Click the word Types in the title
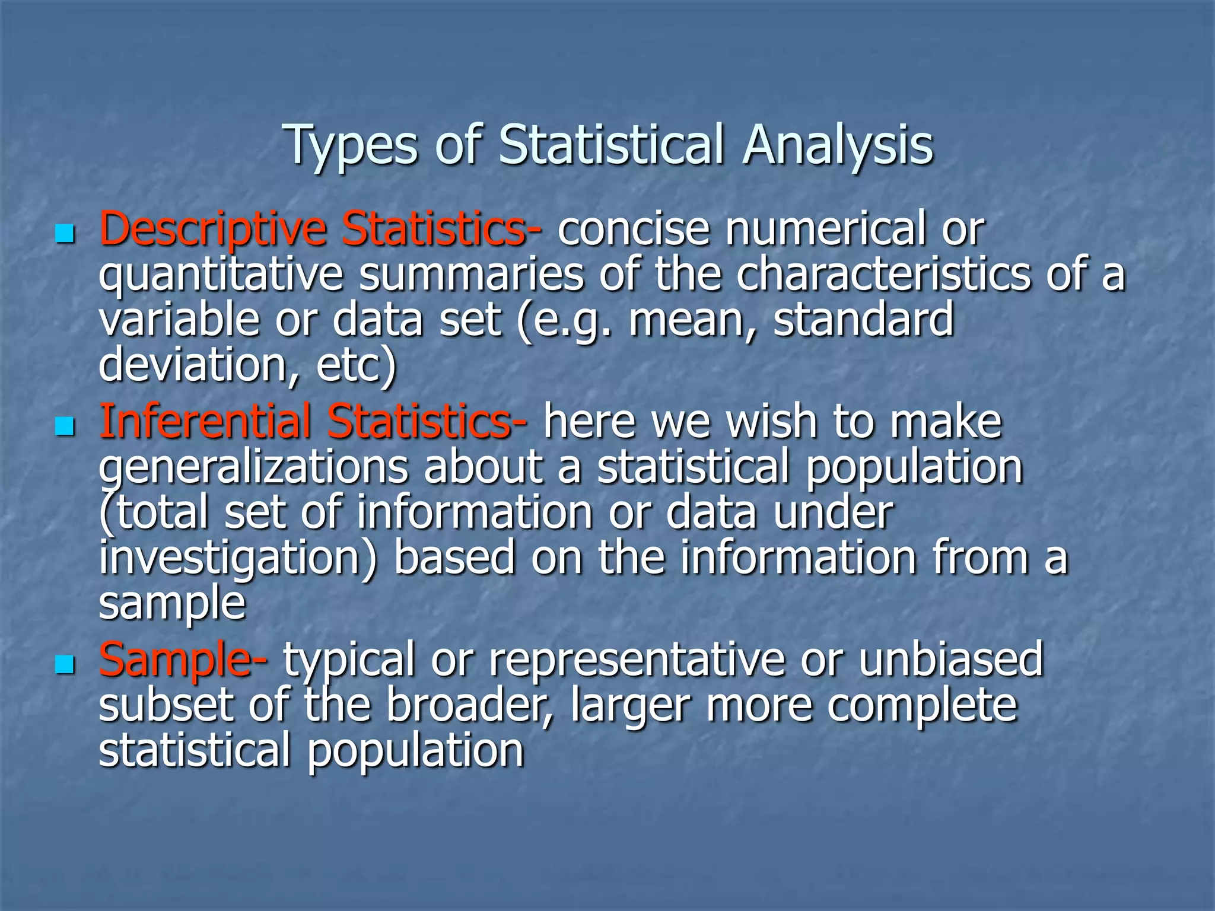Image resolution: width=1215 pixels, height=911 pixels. point(352,145)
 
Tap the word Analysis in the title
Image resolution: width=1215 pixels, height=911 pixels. point(838,145)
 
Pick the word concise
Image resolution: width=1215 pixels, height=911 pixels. point(634,230)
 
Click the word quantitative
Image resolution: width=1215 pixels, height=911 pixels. point(221,275)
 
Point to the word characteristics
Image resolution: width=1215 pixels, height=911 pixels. point(884,275)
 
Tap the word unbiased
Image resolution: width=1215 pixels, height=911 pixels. point(950,660)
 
